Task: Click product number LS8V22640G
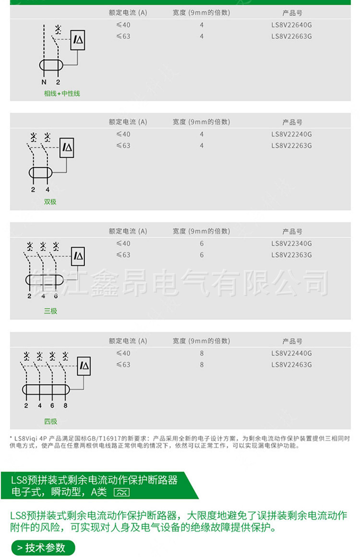click(291, 25)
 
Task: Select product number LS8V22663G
click(291, 36)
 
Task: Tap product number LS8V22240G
click(291, 134)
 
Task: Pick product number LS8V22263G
click(291, 146)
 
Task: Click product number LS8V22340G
click(291, 244)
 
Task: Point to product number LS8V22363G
click(291, 255)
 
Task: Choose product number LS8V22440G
click(291, 354)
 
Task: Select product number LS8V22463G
click(291, 365)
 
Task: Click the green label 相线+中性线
click(62, 94)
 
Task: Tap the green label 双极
click(50, 202)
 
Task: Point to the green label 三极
click(50, 311)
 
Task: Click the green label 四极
click(50, 422)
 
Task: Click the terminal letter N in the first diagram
click(43, 82)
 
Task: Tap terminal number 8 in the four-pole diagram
click(65, 405)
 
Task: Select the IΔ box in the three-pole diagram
click(78, 256)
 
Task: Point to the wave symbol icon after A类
click(121, 492)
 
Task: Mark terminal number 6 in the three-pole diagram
click(56, 296)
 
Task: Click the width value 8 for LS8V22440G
click(202, 354)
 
